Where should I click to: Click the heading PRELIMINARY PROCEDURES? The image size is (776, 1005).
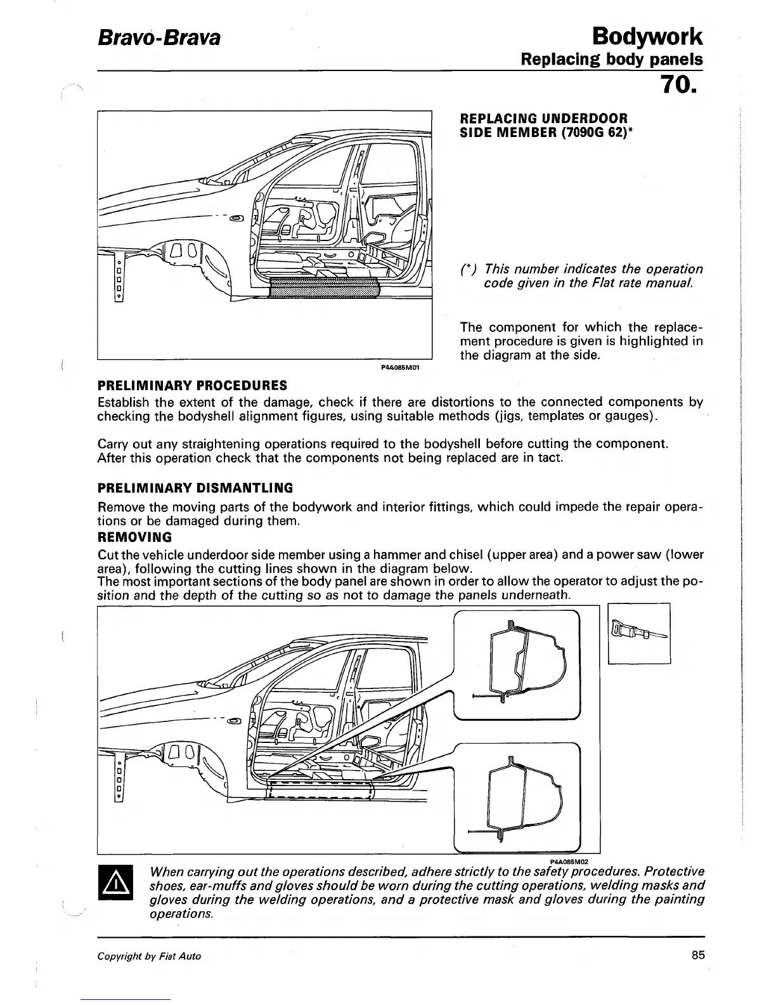(x=192, y=385)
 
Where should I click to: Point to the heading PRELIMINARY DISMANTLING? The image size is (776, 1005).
(x=195, y=488)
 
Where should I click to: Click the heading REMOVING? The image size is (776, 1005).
(x=134, y=537)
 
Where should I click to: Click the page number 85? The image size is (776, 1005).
(x=698, y=956)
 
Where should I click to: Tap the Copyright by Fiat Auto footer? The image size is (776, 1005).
(x=149, y=956)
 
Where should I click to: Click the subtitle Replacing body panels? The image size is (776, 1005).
(x=611, y=60)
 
